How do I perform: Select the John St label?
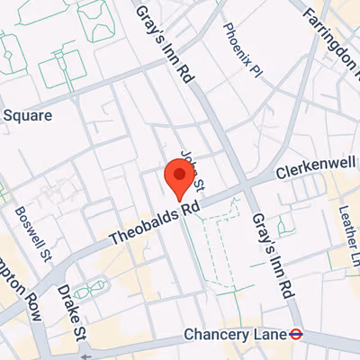coord(193,170)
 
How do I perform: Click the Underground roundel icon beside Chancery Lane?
coord(294,334)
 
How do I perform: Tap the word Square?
coord(28,115)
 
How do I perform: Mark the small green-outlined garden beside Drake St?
coord(88,290)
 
